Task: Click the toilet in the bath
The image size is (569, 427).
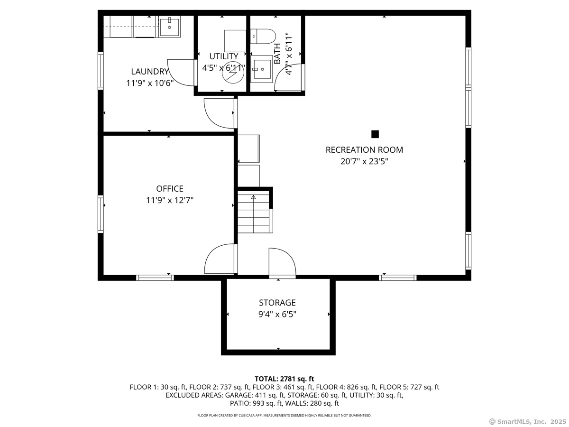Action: tap(263, 37)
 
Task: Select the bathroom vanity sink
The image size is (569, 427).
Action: tap(262, 69)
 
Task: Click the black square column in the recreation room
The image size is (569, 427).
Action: tap(375, 134)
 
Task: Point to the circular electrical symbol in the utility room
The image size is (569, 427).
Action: tap(233, 72)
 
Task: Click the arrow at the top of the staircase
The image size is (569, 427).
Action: tap(253, 197)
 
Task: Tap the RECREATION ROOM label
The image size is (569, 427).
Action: tap(364, 150)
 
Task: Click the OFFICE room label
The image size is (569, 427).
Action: tap(170, 188)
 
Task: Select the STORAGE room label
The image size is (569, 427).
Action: tap(277, 303)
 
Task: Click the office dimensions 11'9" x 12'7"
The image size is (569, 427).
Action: tap(170, 200)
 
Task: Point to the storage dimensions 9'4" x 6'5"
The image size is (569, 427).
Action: tap(277, 315)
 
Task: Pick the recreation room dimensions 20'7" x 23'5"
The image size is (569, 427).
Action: tap(364, 161)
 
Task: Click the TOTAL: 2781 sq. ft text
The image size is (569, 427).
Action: tap(284, 379)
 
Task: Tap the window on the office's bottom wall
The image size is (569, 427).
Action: tap(155, 278)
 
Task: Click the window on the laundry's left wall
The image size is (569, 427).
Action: tap(101, 71)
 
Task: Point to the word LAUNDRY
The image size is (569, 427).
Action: tap(150, 71)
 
